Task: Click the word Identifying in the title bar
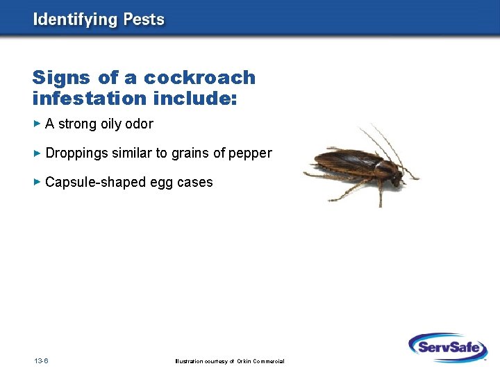[x=74, y=19]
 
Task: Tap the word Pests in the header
[x=144, y=19]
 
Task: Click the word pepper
[x=251, y=153]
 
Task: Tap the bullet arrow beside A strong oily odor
[x=37, y=124]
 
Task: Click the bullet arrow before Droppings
[x=37, y=153]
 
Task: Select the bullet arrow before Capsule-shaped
[x=37, y=182]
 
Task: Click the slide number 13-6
[x=40, y=361]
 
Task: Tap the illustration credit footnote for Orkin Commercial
[x=230, y=361]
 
